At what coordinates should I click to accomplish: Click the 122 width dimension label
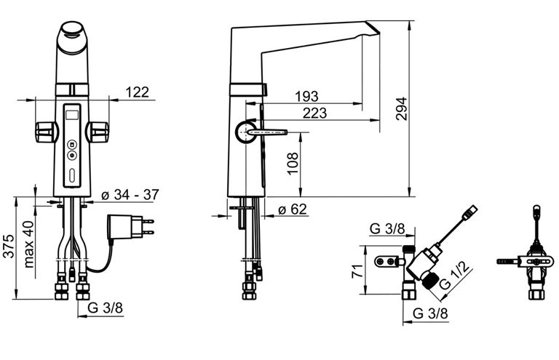coord(138,92)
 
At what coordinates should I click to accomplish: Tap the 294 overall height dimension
coord(401,108)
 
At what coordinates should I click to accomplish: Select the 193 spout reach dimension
coord(306,96)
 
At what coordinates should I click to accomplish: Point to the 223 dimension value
coord(314,113)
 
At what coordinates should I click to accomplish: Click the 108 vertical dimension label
coord(293,163)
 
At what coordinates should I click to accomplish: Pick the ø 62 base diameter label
coord(293,209)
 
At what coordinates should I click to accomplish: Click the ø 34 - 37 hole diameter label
coord(130,194)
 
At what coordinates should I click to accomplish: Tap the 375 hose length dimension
coord(9,246)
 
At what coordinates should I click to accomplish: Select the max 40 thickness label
coord(28,244)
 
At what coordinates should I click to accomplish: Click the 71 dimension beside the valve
coord(357,271)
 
